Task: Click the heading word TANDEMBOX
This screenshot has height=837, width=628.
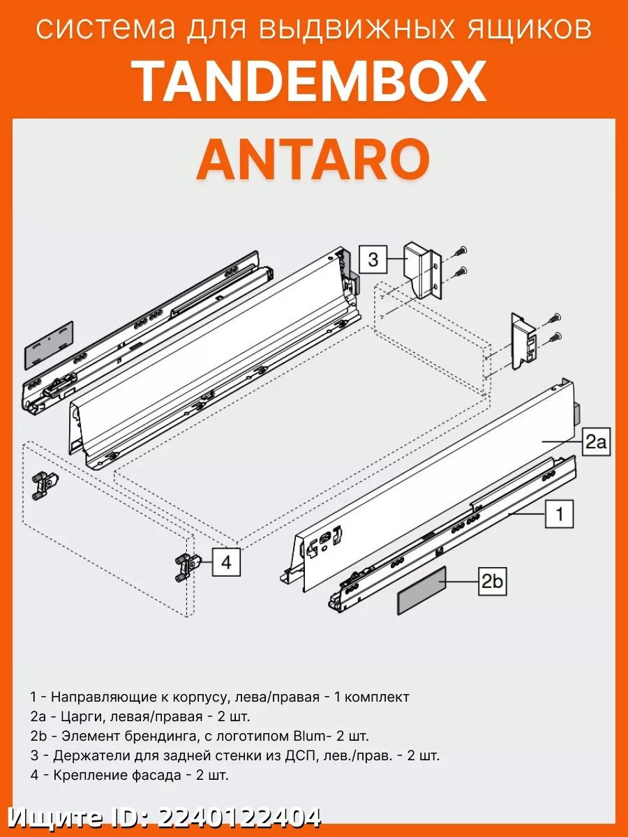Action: [x=311, y=82]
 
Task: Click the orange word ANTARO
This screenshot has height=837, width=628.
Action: [x=313, y=159]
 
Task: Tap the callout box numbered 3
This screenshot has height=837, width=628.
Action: [x=373, y=260]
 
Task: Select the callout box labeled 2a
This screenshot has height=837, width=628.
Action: [x=597, y=442]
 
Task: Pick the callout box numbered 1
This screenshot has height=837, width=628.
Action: [x=558, y=515]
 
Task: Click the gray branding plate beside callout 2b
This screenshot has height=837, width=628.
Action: [x=421, y=590]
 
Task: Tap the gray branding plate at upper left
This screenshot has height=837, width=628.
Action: [x=49, y=345]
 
